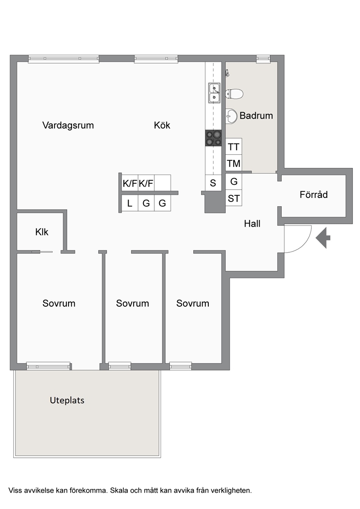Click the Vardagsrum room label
[68, 125]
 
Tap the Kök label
[162, 125]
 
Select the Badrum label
[256, 116]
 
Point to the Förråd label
[314, 194]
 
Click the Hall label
[252, 223]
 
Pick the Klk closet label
[42, 232]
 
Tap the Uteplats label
[67, 400]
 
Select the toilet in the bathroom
[234, 94]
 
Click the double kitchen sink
[214, 93]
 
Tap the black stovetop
[213, 138]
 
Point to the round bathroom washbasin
[231, 116]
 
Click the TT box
[234, 147]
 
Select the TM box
[234, 163]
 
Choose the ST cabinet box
[234, 198]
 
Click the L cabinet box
[130, 203]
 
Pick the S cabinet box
[213, 183]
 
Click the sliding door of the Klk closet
[42, 251]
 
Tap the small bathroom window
[263, 59]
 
